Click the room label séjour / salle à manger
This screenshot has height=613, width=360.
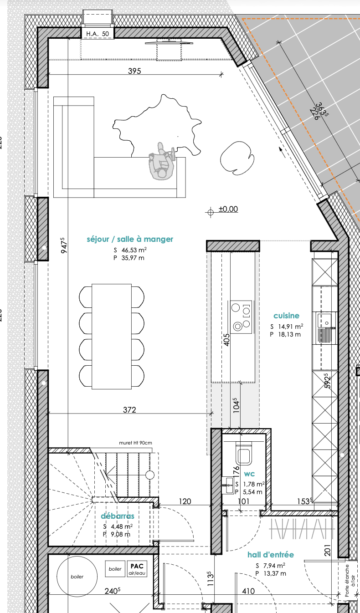click(130, 239)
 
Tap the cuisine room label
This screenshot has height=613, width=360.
click(286, 316)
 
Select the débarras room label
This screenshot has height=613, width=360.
click(118, 516)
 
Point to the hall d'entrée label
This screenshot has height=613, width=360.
click(271, 554)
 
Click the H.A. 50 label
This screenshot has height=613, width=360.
click(98, 34)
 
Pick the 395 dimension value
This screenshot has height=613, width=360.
click(134, 71)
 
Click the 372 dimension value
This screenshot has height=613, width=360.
click(129, 410)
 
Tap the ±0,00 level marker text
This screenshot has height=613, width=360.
click(228, 209)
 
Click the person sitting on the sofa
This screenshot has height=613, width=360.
click(162, 161)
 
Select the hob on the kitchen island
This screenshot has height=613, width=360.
click(241, 317)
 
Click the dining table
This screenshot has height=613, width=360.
click(112, 336)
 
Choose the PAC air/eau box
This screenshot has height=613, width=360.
click(137, 569)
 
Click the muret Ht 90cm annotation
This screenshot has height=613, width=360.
click(135, 443)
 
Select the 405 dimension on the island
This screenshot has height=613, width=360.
click(226, 340)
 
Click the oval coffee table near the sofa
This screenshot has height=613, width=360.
click(237, 158)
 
